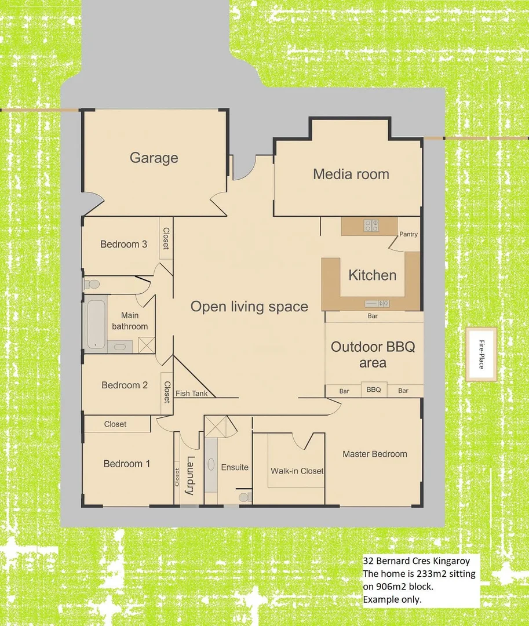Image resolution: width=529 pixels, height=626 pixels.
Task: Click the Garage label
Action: [x=154, y=158]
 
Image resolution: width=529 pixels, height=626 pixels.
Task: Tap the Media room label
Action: [x=351, y=174]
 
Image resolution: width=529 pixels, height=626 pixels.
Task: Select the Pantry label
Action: [x=408, y=234]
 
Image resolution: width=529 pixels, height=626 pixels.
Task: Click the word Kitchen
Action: [x=372, y=275]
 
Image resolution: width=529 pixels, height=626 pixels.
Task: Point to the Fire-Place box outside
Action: [x=481, y=355]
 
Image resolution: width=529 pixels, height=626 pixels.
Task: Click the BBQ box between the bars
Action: [x=374, y=390]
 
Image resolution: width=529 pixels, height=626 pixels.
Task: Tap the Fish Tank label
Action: [x=191, y=393]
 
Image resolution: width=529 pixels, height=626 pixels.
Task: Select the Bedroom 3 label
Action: [x=123, y=244]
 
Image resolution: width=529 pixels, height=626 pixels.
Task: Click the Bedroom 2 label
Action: [x=125, y=385]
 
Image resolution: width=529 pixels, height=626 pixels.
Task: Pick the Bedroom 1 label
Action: [x=126, y=464]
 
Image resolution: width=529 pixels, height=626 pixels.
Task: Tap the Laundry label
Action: [x=189, y=476]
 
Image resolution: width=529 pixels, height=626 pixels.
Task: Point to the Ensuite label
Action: [x=235, y=467]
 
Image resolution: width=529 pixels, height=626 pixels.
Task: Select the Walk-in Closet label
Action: [x=297, y=471]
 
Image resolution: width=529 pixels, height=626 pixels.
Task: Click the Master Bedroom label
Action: [x=374, y=454]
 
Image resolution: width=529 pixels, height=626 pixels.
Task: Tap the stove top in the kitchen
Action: [x=371, y=225]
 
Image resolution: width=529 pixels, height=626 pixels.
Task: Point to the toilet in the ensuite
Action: [x=245, y=497]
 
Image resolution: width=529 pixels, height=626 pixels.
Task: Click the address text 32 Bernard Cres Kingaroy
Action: [x=416, y=561]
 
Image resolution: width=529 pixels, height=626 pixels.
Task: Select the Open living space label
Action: [x=249, y=307]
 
